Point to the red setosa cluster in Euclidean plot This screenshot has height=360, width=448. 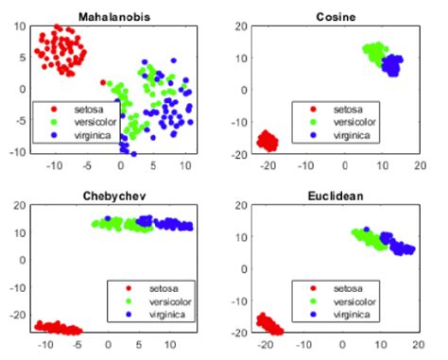[268, 324]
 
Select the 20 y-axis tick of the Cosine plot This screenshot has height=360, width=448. [241, 26]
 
